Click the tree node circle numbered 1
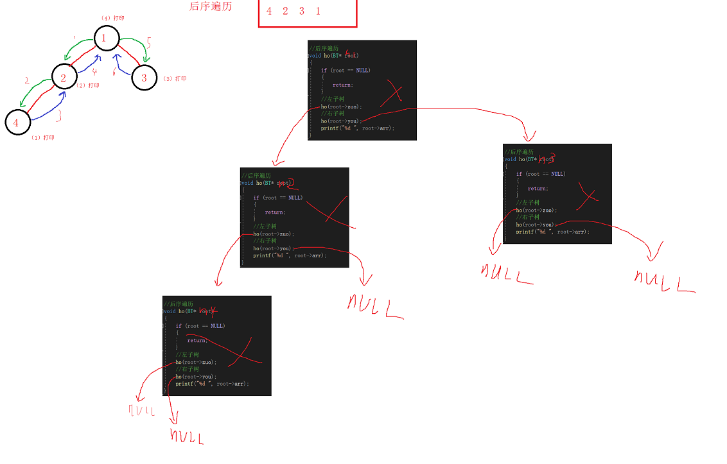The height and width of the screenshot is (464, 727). [105, 39]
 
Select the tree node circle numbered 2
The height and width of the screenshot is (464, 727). [64, 78]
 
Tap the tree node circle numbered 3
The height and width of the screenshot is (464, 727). [144, 78]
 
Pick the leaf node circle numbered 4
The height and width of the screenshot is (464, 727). [17, 123]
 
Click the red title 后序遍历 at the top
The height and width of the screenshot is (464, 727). [211, 6]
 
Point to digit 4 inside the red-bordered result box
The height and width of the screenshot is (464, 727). [269, 12]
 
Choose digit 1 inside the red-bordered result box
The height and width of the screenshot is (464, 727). [318, 12]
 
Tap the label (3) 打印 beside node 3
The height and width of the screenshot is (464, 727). [175, 79]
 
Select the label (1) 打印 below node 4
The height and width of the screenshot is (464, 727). [43, 138]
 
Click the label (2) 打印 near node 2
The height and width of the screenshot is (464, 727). [88, 85]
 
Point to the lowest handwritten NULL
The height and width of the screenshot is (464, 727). [187, 438]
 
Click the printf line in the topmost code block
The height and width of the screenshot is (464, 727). [358, 128]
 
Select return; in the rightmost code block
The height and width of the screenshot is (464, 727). [538, 189]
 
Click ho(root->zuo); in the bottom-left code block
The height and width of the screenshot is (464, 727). [196, 363]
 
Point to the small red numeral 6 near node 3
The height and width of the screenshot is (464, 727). [114, 73]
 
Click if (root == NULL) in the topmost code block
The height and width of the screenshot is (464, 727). [346, 71]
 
